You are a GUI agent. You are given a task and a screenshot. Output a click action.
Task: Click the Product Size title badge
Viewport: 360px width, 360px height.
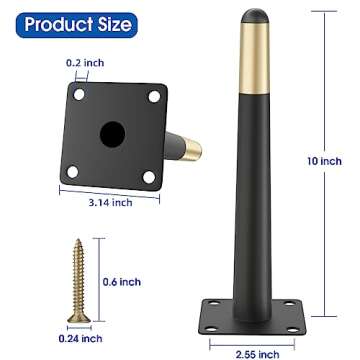77,25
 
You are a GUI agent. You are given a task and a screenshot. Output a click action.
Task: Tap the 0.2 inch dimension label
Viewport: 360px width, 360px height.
85,63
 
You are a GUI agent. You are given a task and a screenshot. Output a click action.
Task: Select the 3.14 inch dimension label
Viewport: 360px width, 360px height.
110,202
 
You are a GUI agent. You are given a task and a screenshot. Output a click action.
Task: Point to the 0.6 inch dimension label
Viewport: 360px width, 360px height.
122,282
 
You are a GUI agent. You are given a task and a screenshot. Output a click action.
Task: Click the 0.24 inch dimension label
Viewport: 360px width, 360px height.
80,339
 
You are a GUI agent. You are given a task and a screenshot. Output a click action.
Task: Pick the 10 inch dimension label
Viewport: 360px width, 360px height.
324,161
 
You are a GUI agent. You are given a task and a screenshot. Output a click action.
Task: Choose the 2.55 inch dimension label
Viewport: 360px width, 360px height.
257,354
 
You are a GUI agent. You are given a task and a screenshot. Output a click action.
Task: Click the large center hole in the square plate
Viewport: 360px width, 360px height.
113,134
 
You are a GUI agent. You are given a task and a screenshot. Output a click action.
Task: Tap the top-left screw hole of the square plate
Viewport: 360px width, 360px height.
79,95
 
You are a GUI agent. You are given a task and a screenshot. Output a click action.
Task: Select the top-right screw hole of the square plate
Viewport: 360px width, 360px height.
154,97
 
